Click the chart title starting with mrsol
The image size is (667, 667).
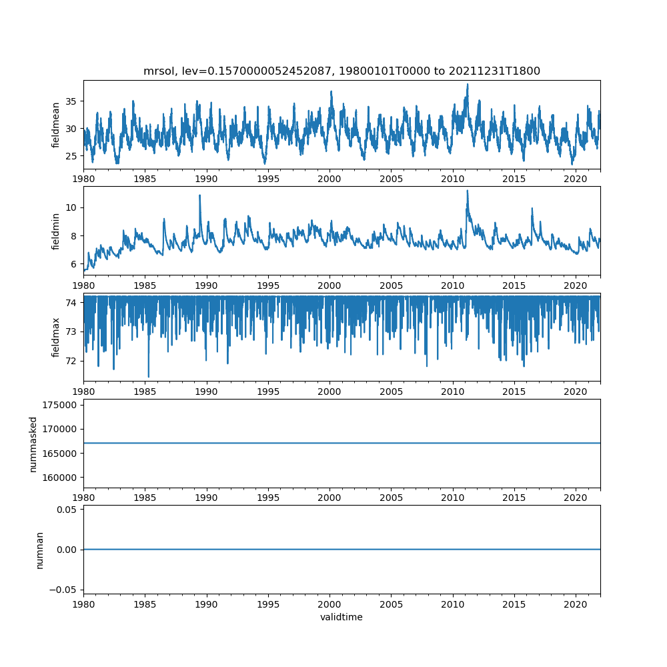(342, 71)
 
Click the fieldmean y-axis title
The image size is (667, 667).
(56, 125)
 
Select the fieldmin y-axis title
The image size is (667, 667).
(56, 231)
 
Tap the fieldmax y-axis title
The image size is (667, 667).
(56, 337)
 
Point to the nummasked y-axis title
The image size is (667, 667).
(33, 444)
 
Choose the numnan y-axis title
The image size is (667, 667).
(39, 550)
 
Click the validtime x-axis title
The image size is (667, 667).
(342, 617)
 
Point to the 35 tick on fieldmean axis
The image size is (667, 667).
(71, 101)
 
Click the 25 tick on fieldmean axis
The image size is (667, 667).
(71, 155)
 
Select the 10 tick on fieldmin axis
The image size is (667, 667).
(72, 207)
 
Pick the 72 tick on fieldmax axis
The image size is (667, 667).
(72, 361)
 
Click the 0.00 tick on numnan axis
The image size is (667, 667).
(67, 550)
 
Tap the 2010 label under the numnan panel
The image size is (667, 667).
(453, 604)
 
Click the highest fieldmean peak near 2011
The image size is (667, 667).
(468, 84)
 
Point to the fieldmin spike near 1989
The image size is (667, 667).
(199, 195)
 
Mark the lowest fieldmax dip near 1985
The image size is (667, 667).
(148, 377)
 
